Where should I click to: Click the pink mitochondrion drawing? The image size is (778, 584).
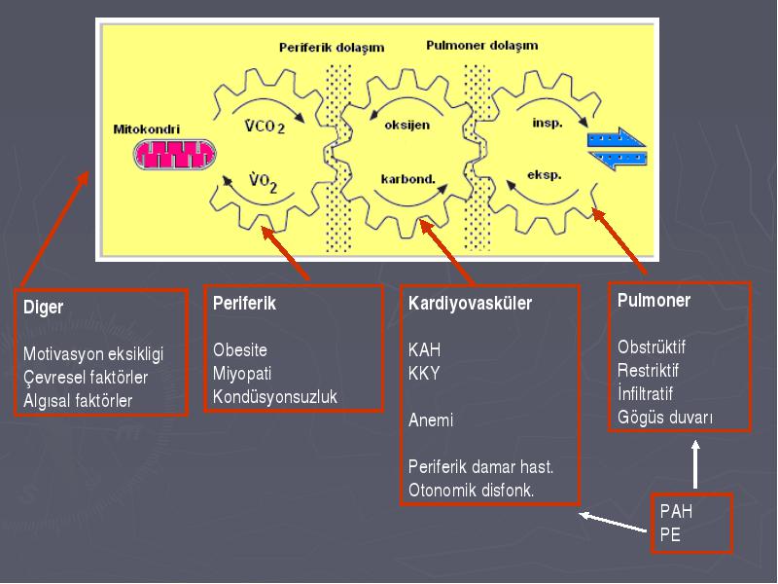(x=174, y=155)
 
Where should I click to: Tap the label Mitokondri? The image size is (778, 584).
(x=147, y=129)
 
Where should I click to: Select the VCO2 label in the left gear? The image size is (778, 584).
(x=265, y=127)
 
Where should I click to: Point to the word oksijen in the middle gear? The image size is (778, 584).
(x=407, y=126)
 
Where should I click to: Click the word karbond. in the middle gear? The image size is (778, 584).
(x=407, y=179)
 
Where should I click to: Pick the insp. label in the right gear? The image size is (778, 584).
(x=548, y=124)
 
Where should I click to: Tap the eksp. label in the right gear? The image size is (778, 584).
(x=545, y=175)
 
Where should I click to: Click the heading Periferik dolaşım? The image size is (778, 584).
(x=332, y=48)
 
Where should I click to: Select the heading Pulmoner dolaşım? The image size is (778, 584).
(x=481, y=46)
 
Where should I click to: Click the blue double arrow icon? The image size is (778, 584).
(x=617, y=149)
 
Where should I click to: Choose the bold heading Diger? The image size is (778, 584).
(x=43, y=307)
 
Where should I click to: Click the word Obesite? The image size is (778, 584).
(x=240, y=350)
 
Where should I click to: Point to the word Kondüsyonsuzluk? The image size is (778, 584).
(x=275, y=397)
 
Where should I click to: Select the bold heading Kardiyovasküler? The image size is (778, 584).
(x=470, y=303)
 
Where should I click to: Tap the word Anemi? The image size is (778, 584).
(x=431, y=420)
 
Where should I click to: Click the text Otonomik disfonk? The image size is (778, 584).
(x=471, y=491)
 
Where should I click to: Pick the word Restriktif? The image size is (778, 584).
(x=648, y=371)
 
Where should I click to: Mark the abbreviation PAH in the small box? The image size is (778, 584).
(x=676, y=511)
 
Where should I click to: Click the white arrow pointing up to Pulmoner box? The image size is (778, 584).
(x=695, y=464)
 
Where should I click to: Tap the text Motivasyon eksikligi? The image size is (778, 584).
(x=93, y=354)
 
